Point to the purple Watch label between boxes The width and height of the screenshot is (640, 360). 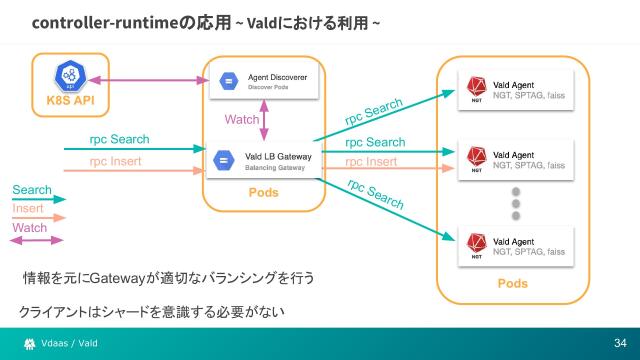tap(242, 120)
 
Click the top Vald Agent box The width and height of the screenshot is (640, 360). tap(515, 87)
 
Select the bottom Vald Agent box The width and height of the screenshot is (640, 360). tap(515, 246)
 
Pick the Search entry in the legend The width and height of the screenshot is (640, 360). tap(32, 190)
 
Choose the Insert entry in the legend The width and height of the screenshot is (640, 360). tap(28, 209)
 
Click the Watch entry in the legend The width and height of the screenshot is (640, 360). tap(30, 228)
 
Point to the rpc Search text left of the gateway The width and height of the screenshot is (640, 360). tap(119, 139)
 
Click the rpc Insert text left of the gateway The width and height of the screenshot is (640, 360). tap(116, 160)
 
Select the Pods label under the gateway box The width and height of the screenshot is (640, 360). tap(264, 193)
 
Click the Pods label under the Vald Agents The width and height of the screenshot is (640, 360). tap(512, 284)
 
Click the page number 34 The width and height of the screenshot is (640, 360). tap(620, 343)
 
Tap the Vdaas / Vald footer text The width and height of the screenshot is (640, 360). tap(69, 343)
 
